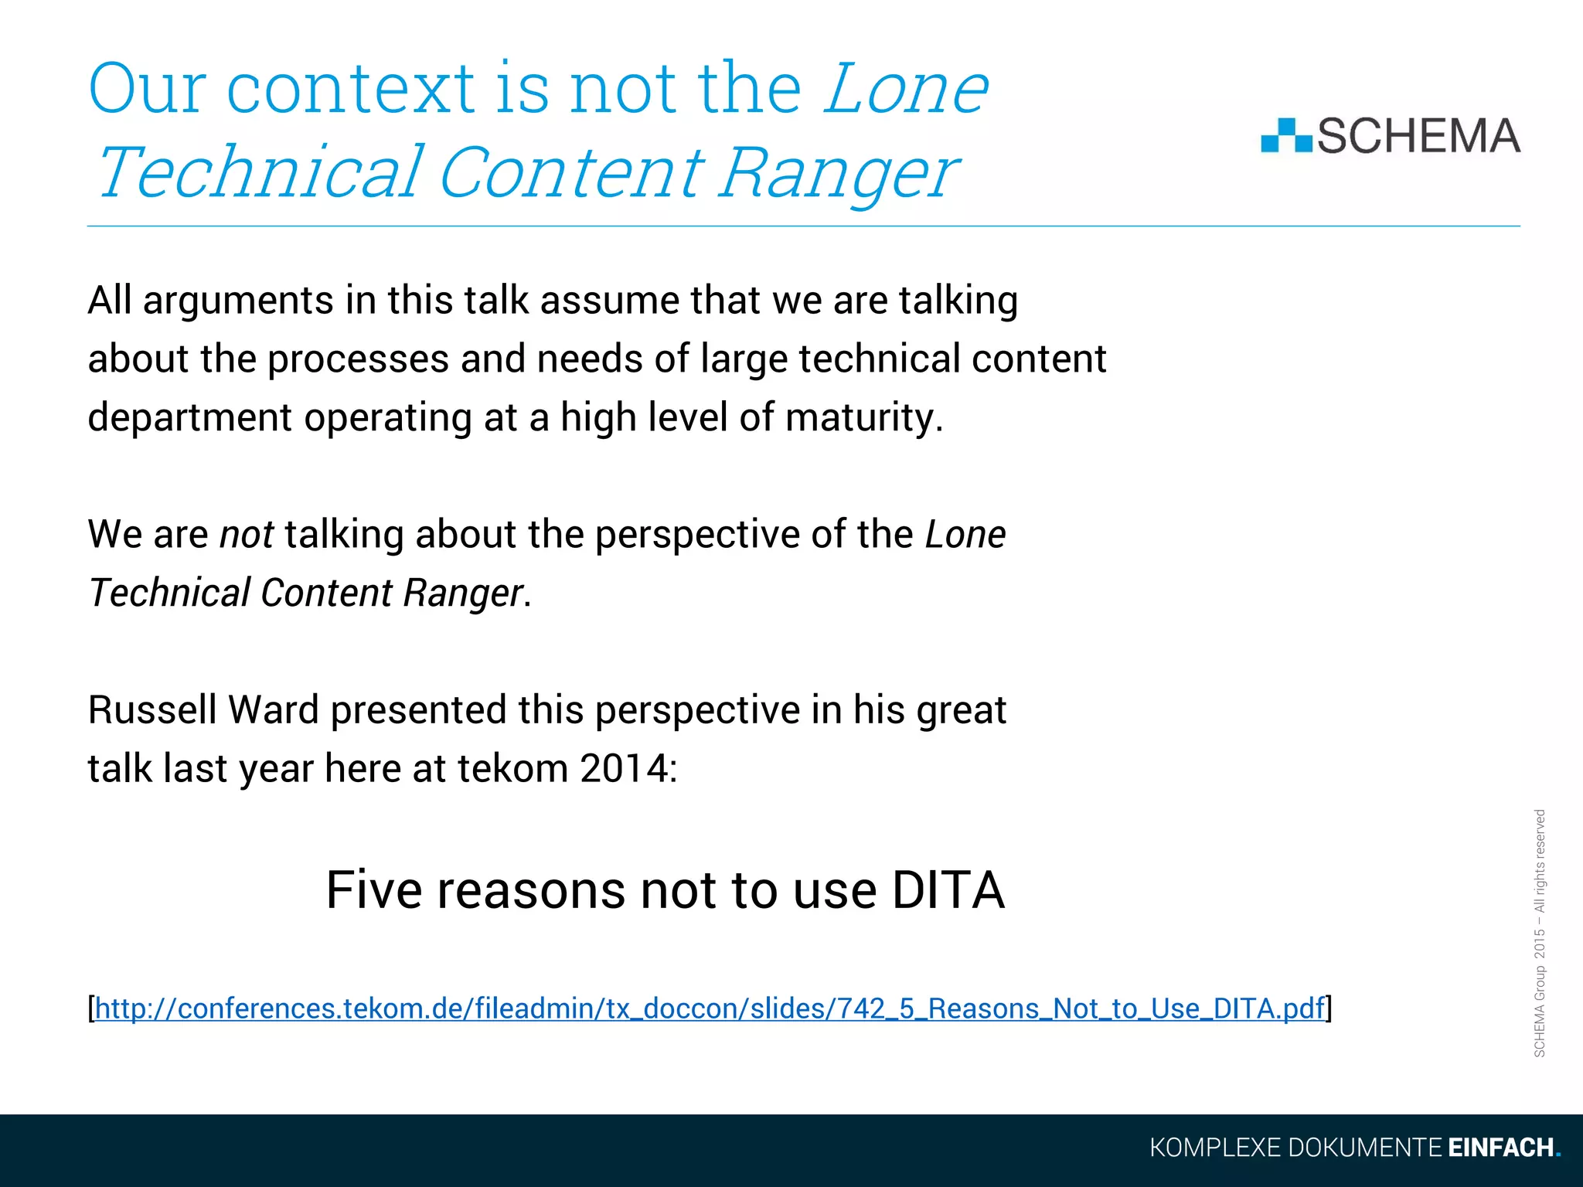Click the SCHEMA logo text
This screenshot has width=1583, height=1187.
[x=1418, y=136]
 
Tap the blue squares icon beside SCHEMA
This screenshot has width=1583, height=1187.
[x=1286, y=136]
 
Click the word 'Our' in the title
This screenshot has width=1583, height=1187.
[x=147, y=88]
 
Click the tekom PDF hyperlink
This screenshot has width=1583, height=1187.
[x=710, y=1008]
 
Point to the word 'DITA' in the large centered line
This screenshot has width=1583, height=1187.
[x=948, y=890]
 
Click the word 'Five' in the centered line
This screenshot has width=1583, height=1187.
[x=374, y=890]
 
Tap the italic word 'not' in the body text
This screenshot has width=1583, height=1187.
[x=247, y=535]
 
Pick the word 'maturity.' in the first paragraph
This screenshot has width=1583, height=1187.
[x=864, y=417]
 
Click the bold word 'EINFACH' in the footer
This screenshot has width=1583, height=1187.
[x=1500, y=1148]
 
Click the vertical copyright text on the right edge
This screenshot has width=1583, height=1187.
[x=1539, y=934]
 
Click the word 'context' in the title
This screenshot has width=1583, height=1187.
[x=351, y=88]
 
